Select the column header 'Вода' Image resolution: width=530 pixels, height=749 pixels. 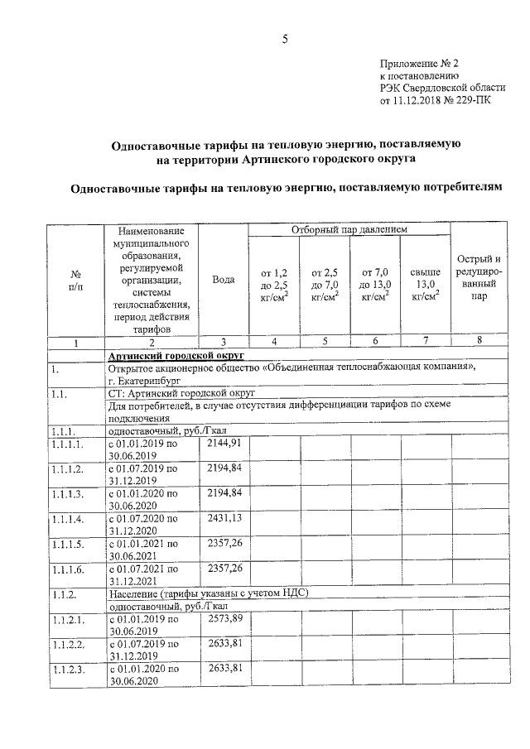(x=223, y=279)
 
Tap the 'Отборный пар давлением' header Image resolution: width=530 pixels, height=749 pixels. (x=348, y=228)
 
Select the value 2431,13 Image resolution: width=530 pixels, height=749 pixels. (x=224, y=517)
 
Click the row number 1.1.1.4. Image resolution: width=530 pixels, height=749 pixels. (x=69, y=520)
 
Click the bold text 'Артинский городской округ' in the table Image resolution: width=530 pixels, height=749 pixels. (x=173, y=355)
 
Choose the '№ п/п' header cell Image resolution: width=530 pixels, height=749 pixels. (x=75, y=279)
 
